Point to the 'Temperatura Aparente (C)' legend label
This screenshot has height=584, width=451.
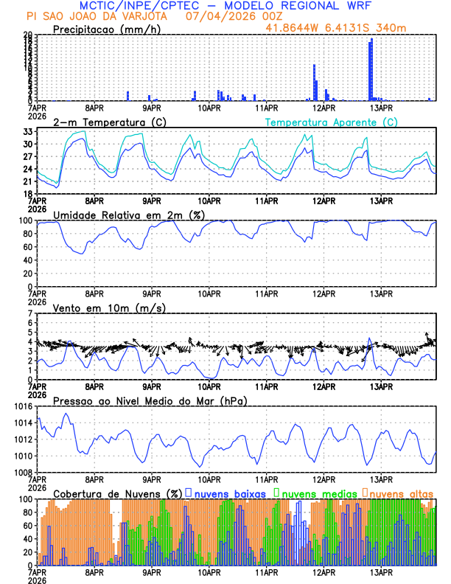(331, 122)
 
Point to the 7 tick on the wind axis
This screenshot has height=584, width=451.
(30, 314)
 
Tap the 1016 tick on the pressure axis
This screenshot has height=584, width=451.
(22, 406)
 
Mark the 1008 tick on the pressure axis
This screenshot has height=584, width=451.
(22, 472)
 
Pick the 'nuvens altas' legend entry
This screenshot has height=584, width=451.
(402, 493)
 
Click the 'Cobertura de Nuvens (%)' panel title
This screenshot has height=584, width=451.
(118, 493)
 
